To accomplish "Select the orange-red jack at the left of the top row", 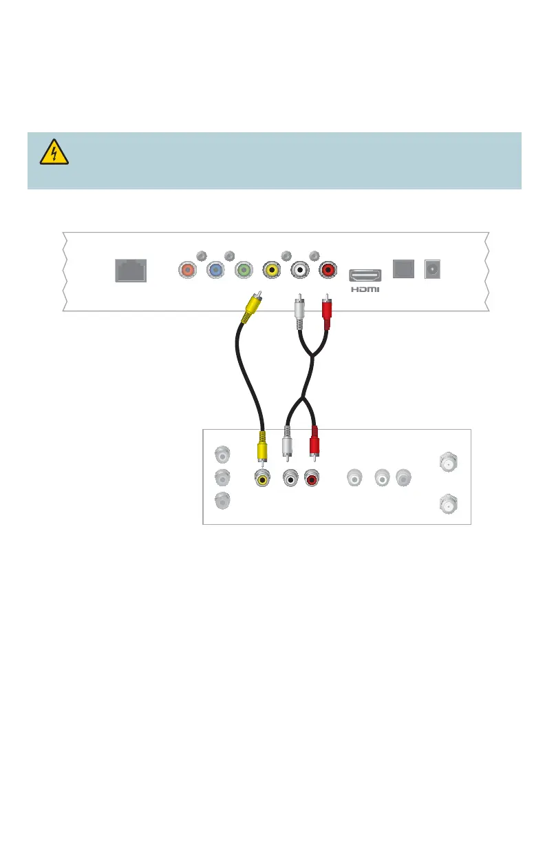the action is point(186,270).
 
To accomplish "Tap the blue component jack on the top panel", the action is point(215,270).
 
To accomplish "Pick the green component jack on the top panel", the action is point(244,270).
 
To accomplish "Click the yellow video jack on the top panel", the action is point(273,270).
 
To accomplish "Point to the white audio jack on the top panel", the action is point(301,270).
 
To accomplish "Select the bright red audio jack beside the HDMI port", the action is point(330,270).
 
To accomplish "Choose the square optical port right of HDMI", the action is point(403,269).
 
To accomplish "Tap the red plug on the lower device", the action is point(314,444).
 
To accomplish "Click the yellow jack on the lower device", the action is point(262,477).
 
